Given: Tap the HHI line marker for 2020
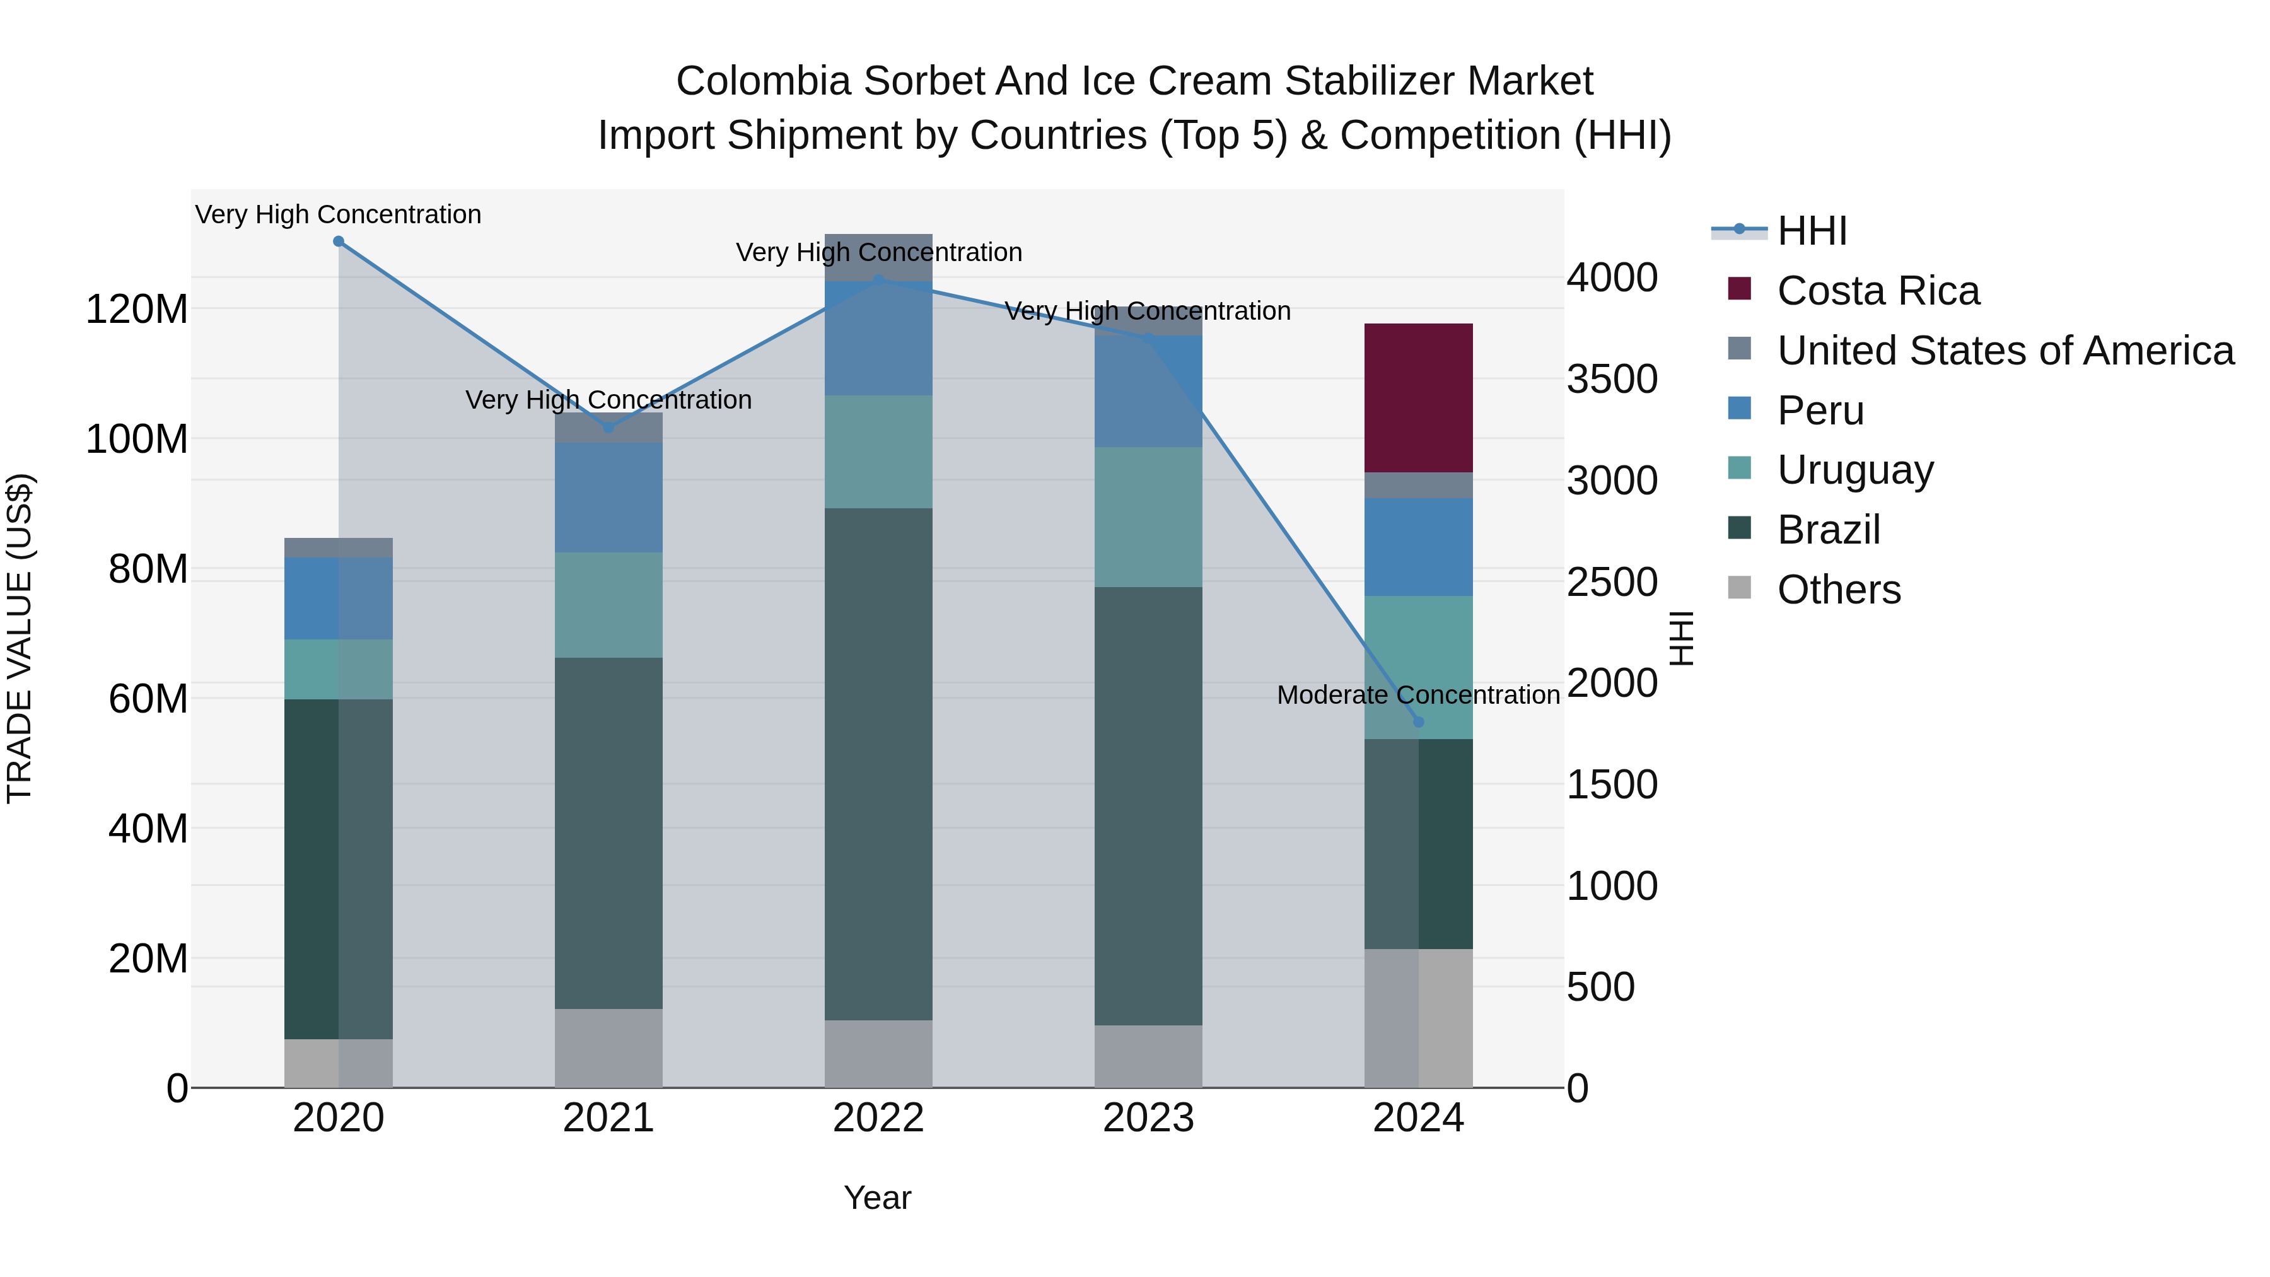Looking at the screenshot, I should pyautogui.click(x=339, y=242).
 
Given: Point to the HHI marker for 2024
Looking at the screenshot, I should pyautogui.click(x=1418, y=722).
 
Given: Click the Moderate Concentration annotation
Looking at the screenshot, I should pyautogui.click(x=1418, y=696).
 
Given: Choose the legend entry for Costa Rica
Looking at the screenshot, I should pyautogui.click(x=1877, y=291).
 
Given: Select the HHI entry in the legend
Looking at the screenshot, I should pyautogui.click(x=1811, y=231).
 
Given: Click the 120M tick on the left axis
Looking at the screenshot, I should pyautogui.click(x=137, y=310).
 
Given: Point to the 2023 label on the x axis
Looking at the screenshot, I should pyautogui.click(x=1148, y=1118).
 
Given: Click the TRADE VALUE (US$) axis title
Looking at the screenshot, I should pyautogui.click(x=20, y=638).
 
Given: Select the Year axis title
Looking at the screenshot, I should pyautogui.click(x=877, y=1198).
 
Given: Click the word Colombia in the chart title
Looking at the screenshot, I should pyautogui.click(x=763, y=81).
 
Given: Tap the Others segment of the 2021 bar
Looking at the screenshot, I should pyautogui.click(x=608, y=1048).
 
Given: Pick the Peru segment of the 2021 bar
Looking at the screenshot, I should pyautogui.click(x=608, y=498).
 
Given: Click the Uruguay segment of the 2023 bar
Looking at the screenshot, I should pyautogui.click(x=1148, y=516).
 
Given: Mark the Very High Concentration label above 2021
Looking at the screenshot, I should pyautogui.click(x=608, y=400).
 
